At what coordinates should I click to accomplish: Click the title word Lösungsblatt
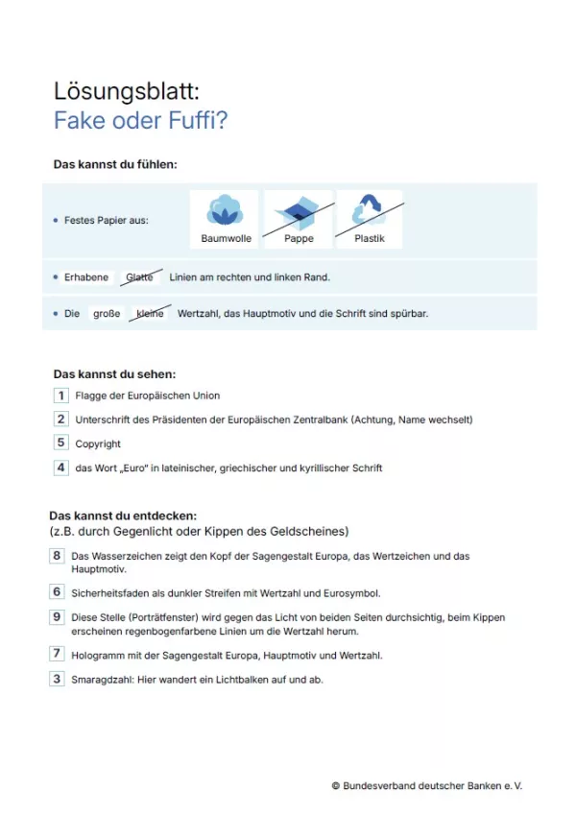126,91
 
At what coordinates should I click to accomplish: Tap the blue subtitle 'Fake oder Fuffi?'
140,121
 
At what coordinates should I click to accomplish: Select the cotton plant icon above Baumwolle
225,209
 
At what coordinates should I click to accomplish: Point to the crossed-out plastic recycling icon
369,209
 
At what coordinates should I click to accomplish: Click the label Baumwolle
226,238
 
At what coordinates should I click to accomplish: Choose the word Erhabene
86,277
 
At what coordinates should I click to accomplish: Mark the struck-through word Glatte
140,277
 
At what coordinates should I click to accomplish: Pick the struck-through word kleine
151,313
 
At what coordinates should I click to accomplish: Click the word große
107,313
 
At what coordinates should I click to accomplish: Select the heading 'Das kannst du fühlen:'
115,164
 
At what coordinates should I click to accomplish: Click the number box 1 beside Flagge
60,395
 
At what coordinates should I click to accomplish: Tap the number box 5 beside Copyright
60,443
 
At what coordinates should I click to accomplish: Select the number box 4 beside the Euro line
60,468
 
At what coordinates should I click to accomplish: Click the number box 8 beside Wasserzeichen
57,556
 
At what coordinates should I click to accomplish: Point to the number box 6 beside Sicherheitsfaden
57,592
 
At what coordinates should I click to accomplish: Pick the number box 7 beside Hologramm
57,654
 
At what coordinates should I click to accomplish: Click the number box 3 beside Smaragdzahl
57,679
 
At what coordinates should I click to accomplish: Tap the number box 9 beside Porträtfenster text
57,617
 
